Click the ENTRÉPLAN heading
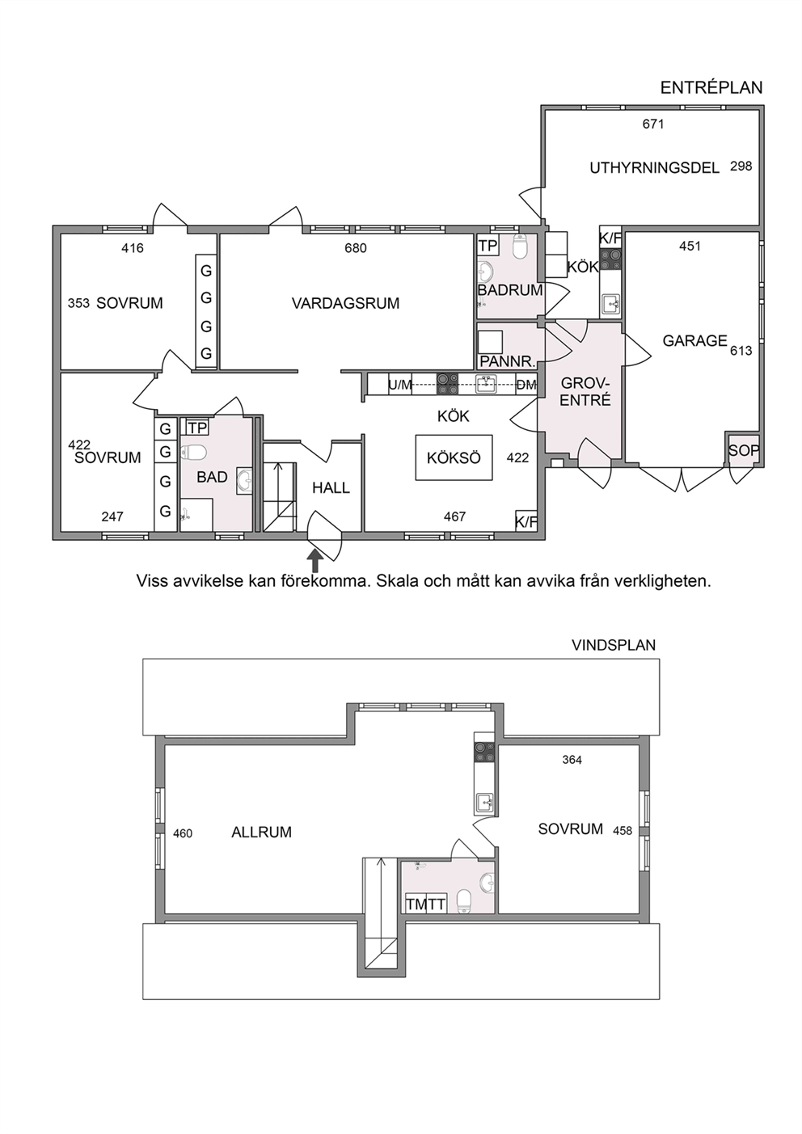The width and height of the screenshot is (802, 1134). click(711, 87)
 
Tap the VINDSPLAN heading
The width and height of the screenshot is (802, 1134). click(614, 645)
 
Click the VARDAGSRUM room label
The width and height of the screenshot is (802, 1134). click(345, 303)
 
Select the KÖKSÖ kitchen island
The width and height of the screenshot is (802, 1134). click(454, 457)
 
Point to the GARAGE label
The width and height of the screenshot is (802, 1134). click(694, 341)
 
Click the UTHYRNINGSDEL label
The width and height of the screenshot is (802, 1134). click(655, 167)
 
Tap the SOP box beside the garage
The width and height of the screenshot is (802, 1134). click(744, 450)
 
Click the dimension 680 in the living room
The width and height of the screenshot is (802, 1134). click(356, 248)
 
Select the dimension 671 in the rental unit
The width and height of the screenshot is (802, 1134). click(653, 124)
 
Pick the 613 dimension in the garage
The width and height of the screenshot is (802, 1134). click(741, 351)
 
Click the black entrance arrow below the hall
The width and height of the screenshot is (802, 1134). click(315, 561)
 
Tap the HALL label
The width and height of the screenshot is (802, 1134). click(331, 488)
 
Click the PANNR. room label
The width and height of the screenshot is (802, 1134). click(508, 361)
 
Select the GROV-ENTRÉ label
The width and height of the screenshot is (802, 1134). click(585, 391)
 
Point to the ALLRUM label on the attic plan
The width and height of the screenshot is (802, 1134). click(261, 833)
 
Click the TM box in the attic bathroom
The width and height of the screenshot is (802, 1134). click(416, 904)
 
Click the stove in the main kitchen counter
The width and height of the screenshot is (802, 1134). click(448, 384)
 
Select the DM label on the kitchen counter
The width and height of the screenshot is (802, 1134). click(526, 386)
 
